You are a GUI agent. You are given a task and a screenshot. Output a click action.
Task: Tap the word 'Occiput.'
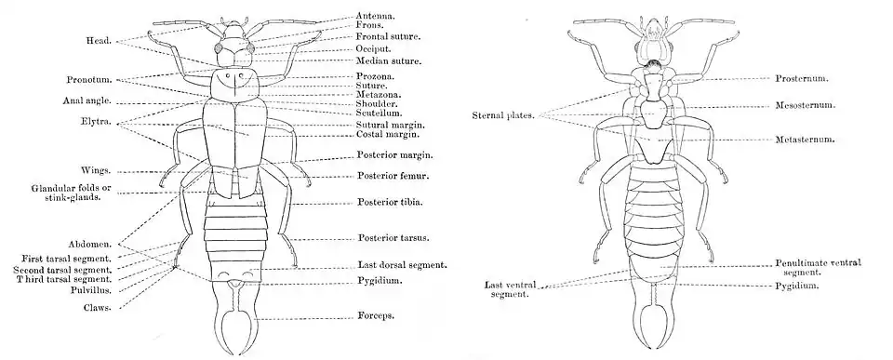click(376, 48)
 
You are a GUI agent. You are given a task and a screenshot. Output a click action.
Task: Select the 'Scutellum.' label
click(380, 113)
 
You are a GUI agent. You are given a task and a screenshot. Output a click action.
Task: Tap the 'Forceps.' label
click(377, 316)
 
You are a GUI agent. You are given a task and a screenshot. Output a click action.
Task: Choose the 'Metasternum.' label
click(806, 140)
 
